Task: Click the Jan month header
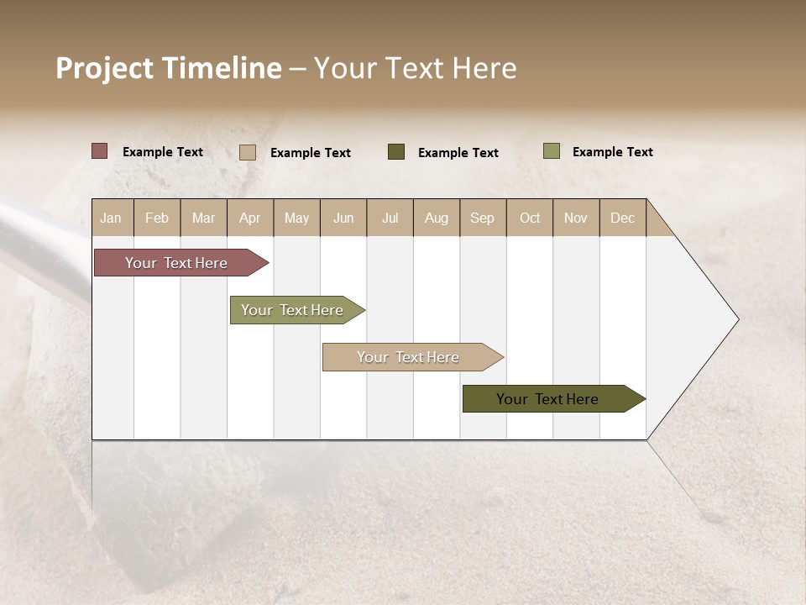pyautogui.click(x=112, y=218)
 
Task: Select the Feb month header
pyautogui.click(x=157, y=218)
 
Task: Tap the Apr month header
pyautogui.click(x=250, y=218)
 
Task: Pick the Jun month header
pyautogui.click(x=343, y=218)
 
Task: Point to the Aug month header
pyautogui.click(x=437, y=218)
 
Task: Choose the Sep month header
pyautogui.click(x=483, y=218)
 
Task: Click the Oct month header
pyautogui.click(x=530, y=218)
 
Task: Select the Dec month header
pyautogui.click(x=623, y=218)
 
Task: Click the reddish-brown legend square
pyautogui.click(x=100, y=151)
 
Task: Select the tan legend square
pyautogui.click(x=248, y=152)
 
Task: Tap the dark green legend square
pyautogui.click(x=396, y=152)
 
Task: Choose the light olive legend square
pyautogui.click(x=551, y=151)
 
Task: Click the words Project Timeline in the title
pyautogui.click(x=169, y=68)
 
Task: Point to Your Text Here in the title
pyautogui.click(x=416, y=68)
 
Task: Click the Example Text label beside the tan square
pyautogui.click(x=311, y=153)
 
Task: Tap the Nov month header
pyautogui.click(x=576, y=218)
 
